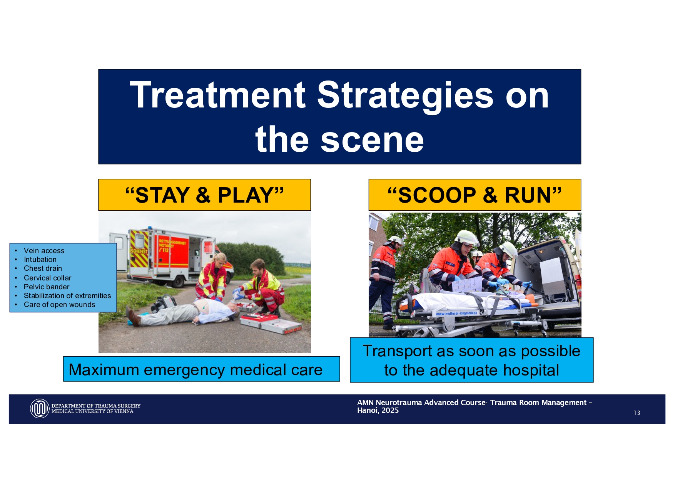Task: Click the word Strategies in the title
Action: pyautogui.click(x=405, y=95)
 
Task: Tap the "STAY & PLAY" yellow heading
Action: pyautogui.click(x=204, y=195)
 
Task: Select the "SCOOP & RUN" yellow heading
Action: pyautogui.click(x=475, y=195)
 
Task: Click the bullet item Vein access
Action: pyautogui.click(x=44, y=251)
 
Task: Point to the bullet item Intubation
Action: pyautogui.click(x=40, y=260)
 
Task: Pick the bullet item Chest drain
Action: pyautogui.click(x=43, y=268)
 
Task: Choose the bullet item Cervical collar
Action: pyautogui.click(x=47, y=278)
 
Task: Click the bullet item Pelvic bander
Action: pyautogui.click(x=47, y=287)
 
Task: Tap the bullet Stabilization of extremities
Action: pyautogui.click(x=67, y=296)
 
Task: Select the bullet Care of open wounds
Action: pyautogui.click(x=59, y=305)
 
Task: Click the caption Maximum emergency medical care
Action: pyautogui.click(x=195, y=369)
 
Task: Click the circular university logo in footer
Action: pyautogui.click(x=40, y=409)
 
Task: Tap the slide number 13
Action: pyautogui.click(x=637, y=413)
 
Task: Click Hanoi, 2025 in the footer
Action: pyautogui.click(x=378, y=411)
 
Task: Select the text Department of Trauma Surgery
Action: pyautogui.click(x=96, y=406)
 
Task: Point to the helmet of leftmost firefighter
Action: pyautogui.click(x=394, y=240)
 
